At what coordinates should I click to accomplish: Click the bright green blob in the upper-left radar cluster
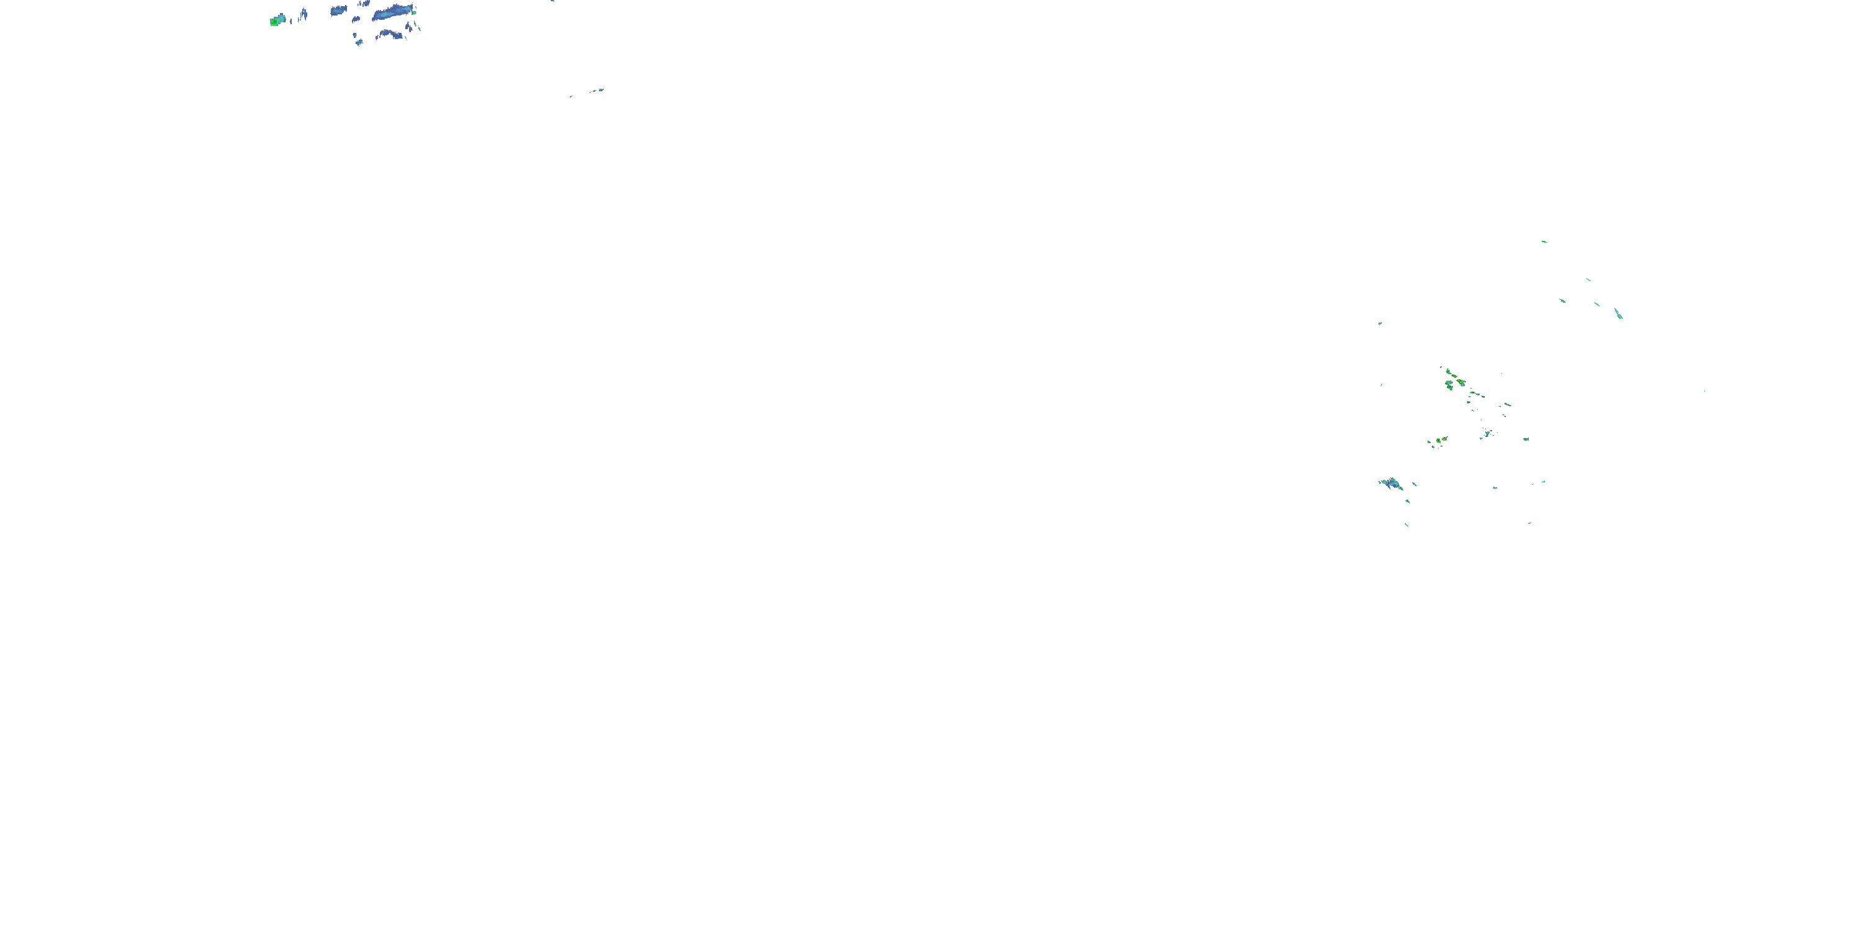275,22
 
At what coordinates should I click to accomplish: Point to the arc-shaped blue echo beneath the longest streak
390,34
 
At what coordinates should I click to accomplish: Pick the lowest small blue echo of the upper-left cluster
359,43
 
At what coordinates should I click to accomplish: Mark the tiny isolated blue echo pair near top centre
596,91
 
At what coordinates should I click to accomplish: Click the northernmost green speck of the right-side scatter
1544,241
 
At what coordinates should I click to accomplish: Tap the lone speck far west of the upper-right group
1380,323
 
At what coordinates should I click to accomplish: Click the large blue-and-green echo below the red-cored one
1392,483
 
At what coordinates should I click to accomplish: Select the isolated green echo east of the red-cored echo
1526,439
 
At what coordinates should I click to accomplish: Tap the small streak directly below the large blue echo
1407,500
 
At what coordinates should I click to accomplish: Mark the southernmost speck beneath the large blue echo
1406,524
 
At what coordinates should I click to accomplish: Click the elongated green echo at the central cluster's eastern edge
1507,404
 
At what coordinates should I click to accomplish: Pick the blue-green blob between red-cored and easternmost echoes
1488,433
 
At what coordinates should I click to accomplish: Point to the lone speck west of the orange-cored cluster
1382,385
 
